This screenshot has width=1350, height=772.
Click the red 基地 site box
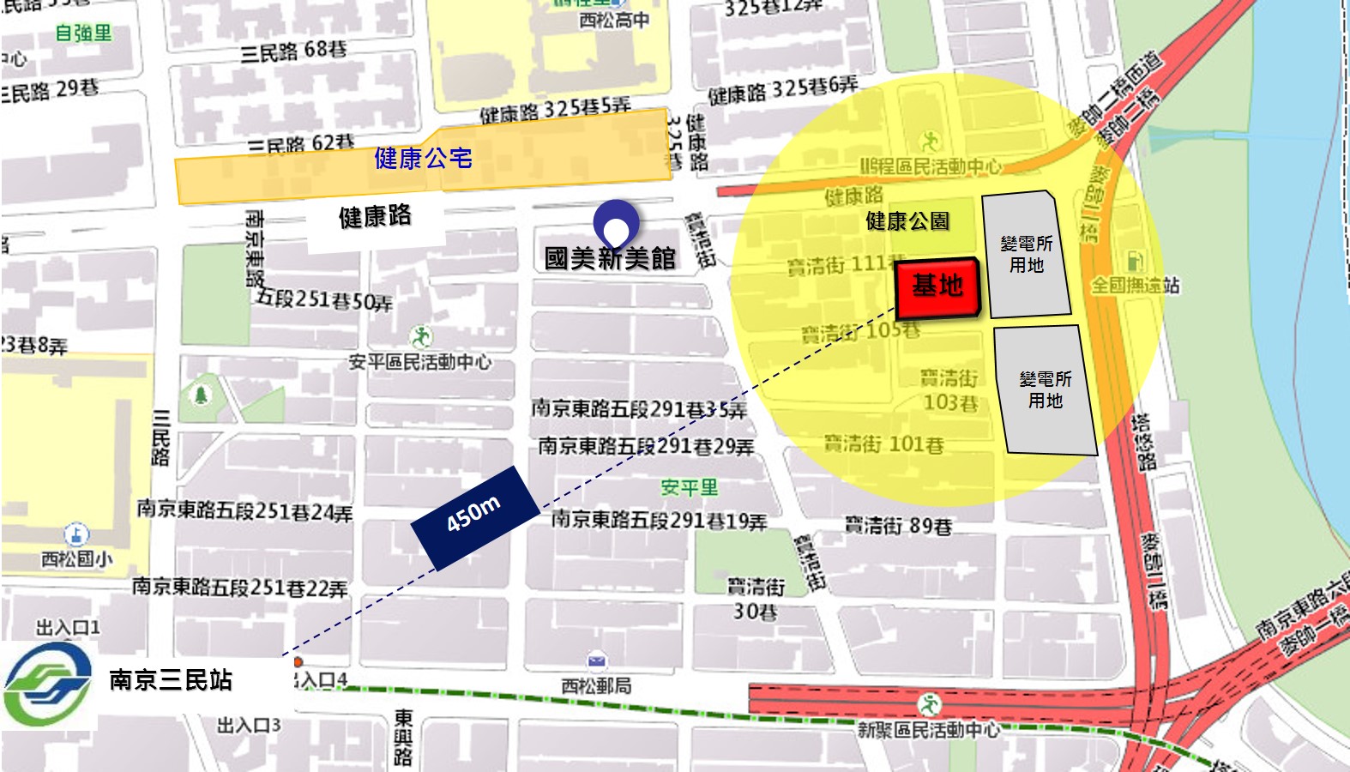(937, 287)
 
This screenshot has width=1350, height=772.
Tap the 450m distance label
(474, 517)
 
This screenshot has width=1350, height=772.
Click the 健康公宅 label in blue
(423, 159)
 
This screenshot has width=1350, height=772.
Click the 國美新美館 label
(610, 258)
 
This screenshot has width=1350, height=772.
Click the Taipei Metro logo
(48, 684)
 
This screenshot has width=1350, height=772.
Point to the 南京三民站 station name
(171, 680)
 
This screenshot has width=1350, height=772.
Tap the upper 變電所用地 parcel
(1026, 255)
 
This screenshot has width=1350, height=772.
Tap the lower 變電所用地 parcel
(1046, 389)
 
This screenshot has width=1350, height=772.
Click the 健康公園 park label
(907, 221)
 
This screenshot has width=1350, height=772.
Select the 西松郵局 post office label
(596, 686)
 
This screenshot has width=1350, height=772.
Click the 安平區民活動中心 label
(419, 362)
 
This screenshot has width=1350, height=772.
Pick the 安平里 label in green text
(689, 487)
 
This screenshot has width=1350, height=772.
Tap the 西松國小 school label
(77, 559)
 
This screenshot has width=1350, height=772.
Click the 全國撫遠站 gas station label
(1135, 285)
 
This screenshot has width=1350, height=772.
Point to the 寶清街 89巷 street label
(898, 525)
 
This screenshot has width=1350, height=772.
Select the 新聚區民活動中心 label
(929, 729)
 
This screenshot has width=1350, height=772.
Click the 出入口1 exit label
(68, 628)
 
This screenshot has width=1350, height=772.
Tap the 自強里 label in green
(83, 33)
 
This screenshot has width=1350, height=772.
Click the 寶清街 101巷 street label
(883, 444)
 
